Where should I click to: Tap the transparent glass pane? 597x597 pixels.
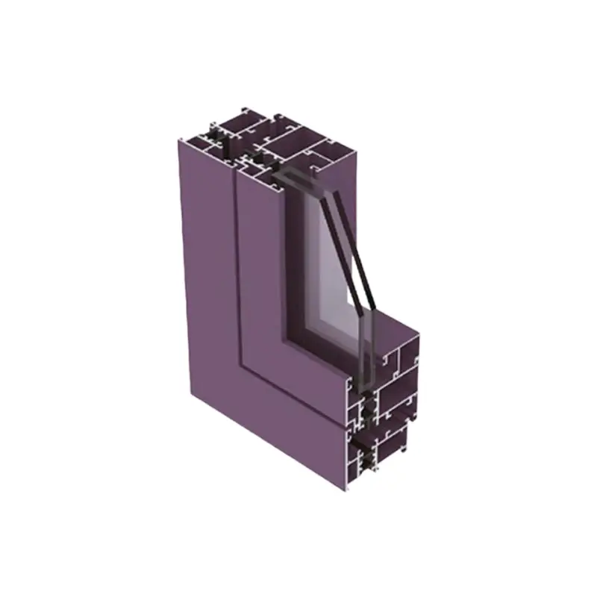pyautogui.click(x=328, y=269)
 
